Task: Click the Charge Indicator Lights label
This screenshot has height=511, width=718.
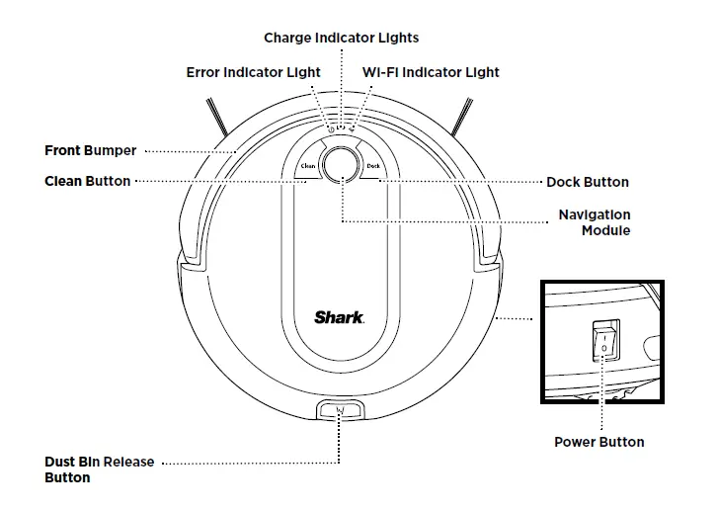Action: [341, 38]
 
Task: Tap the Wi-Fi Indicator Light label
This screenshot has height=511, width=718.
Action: [431, 72]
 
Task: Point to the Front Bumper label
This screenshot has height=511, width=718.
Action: [91, 151]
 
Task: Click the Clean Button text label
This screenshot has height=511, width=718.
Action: [87, 181]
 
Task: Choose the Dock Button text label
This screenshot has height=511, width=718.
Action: [587, 182]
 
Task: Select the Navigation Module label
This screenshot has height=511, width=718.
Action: [594, 222]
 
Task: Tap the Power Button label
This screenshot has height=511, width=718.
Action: [598, 442]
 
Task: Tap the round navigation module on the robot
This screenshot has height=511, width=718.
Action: [340, 164]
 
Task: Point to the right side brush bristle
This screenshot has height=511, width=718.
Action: [460, 116]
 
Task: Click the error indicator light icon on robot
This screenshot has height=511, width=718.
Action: [329, 128]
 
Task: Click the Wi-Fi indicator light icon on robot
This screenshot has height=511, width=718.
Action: [352, 128]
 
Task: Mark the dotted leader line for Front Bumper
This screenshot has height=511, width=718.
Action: [188, 151]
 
